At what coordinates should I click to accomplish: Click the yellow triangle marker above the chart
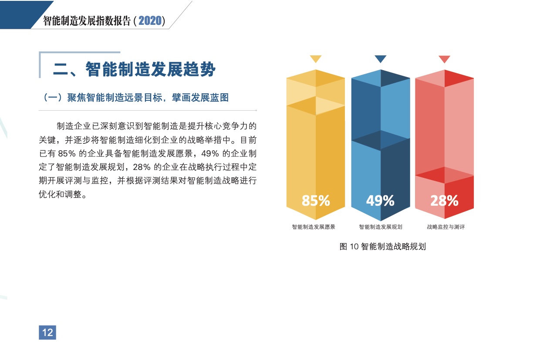click(316, 59)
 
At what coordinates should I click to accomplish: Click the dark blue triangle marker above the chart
click(381, 59)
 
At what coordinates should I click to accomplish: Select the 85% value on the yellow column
click(316, 200)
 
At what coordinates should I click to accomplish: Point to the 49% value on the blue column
click(380, 200)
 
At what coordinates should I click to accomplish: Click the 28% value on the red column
click(444, 200)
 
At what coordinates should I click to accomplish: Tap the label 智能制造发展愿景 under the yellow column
click(314, 227)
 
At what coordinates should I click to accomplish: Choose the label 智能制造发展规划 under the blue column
click(381, 227)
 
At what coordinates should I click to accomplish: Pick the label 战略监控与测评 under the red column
click(446, 227)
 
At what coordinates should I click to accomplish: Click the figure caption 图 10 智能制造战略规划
click(383, 246)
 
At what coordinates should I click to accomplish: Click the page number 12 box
click(47, 333)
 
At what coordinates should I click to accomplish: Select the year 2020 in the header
click(150, 20)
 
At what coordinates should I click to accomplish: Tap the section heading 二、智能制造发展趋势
click(134, 69)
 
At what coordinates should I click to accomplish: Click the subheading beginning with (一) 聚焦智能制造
click(135, 98)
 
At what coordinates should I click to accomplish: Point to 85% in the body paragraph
click(67, 153)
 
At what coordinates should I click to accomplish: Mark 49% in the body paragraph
click(210, 153)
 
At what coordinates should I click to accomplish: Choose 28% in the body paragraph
click(142, 167)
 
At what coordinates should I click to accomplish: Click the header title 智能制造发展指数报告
click(87, 21)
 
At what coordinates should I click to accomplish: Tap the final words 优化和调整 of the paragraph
click(60, 194)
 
